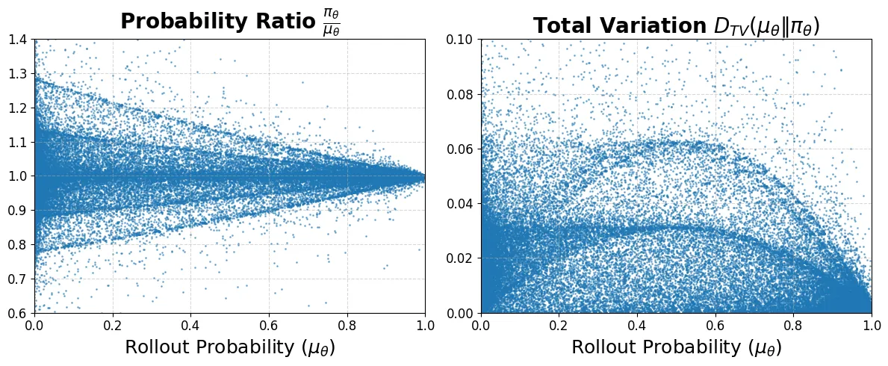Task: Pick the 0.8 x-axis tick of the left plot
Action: pos(347,326)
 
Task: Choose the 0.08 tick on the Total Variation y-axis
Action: pos(461,94)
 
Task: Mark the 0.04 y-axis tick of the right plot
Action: pos(461,204)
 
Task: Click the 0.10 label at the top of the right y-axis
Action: pos(461,40)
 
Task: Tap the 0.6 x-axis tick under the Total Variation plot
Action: pos(715,326)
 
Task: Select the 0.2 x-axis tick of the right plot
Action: pos(559,326)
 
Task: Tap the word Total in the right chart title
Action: pos(562,26)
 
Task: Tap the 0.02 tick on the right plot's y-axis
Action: pos(461,258)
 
